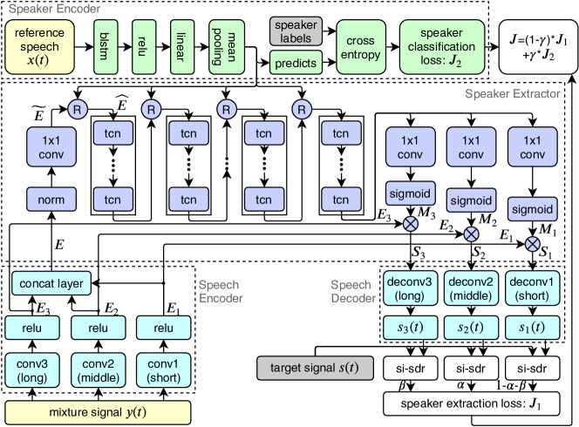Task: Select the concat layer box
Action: coord(53,283)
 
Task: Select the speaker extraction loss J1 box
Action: coord(469,403)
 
